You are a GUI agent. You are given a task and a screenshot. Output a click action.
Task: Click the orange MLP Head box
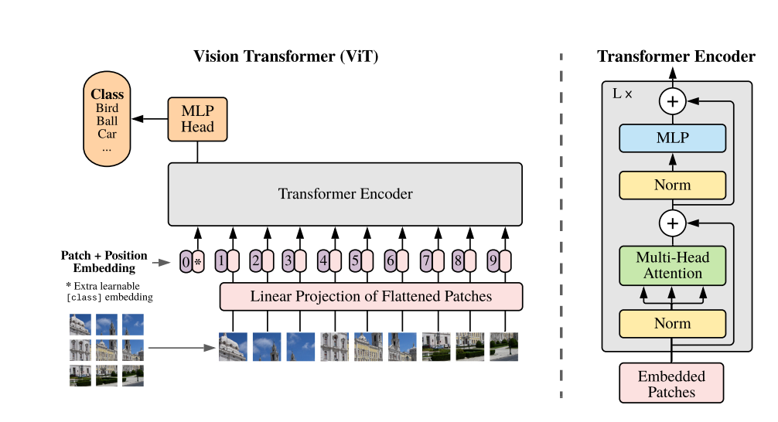pyautogui.click(x=197, y=119)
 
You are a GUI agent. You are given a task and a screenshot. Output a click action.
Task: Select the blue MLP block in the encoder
pyautogui.click(x=672, y=138)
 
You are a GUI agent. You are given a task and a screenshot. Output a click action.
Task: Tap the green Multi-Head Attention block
pyautogui.click(x=672, y=265)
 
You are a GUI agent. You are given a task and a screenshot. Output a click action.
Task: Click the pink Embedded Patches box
pyautogui.click(x=671, y=383)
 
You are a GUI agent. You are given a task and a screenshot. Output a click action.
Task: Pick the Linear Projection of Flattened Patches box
pyautogui.click(x=371, y=297)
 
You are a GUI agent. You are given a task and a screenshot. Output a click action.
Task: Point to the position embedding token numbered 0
pyautogui.click(x=186, y=261)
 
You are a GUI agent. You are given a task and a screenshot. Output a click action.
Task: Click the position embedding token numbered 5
pyautogui.click(x=355, y=260)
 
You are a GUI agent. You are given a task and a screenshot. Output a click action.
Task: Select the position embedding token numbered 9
pyautogui.click(x=493, y=260)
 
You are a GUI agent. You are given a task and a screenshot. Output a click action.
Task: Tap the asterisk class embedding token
pyautogui.click(x=198, y=261)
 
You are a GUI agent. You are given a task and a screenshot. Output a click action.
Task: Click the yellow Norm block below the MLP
pyautogui.click(x=672, y=185)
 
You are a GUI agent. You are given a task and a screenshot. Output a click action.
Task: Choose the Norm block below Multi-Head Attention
pyautogui.click(x=672, y=323)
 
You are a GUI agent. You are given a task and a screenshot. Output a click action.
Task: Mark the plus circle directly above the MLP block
pyautogui.click(x=672, y=101)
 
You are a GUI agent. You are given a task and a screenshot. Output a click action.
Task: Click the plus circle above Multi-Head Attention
pyautogui.click(x=672, y=223)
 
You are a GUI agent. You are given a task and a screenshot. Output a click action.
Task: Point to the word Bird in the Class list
pyautogui.click(x=107, y=108)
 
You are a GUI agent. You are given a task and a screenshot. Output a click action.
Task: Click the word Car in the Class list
pyautogui.click(x=107, y=134)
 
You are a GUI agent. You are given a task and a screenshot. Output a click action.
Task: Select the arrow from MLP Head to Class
pyautogui.click(x=150, y=119)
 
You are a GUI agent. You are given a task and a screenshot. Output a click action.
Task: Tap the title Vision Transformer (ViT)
pyautogui.click(x=286, y=56)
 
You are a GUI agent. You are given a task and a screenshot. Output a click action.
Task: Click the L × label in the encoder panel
pyautogui.click(x=623, y=94)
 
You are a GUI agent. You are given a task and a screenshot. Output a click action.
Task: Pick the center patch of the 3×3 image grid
pyautogui.click(x=107, y=350)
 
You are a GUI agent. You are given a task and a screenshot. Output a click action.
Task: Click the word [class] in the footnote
pyautogui.click(x=84, y=298)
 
